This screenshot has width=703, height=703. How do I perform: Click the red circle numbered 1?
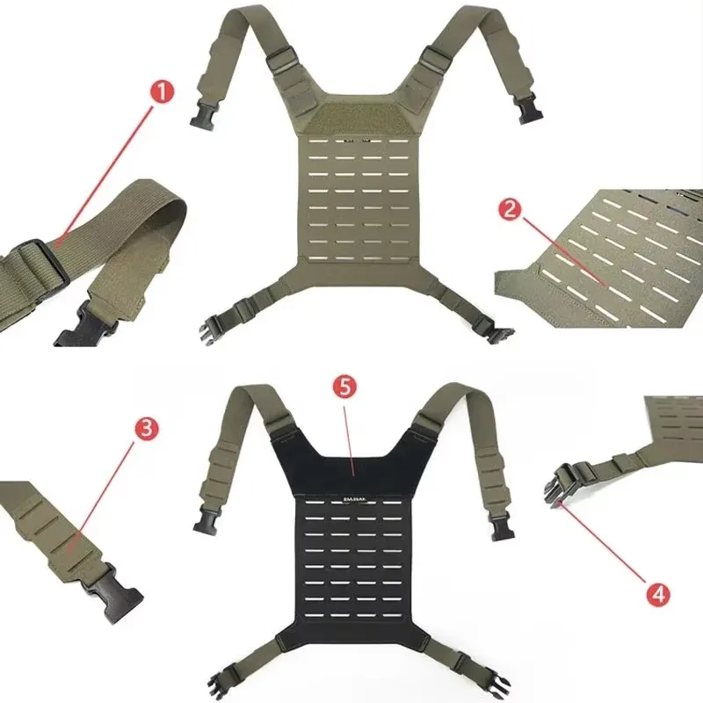[x=161, y=91]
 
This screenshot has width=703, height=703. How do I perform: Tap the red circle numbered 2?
[x=510, y=209]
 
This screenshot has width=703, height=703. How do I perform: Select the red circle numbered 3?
[x=147, y=429]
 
